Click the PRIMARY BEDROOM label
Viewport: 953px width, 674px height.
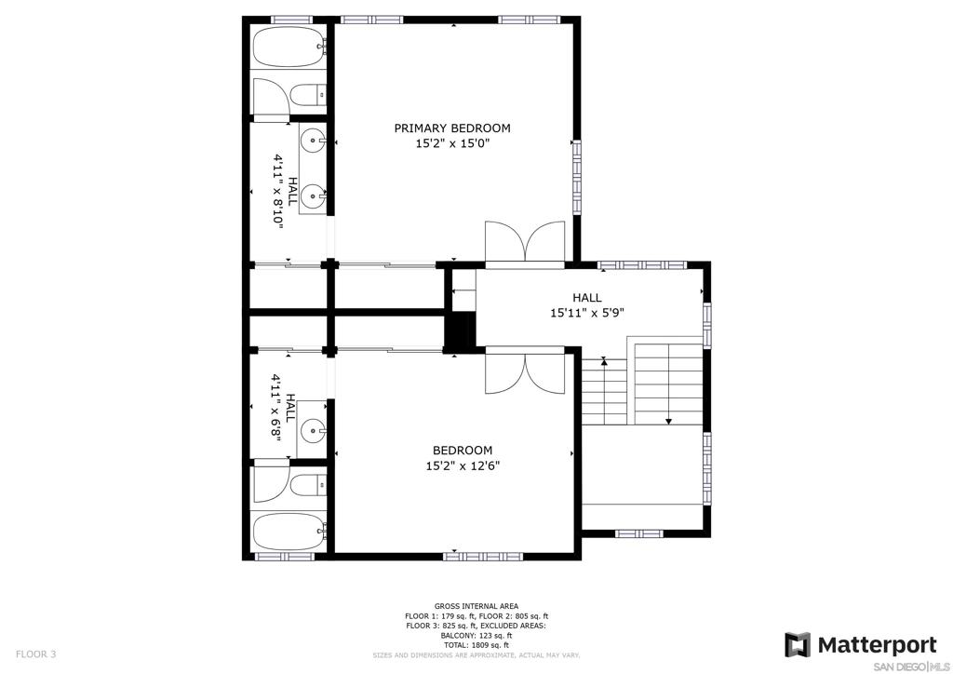click(452, 128)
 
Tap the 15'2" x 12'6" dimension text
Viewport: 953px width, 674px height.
click(463, 466)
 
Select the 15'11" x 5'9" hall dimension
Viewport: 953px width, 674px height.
click(587, 313)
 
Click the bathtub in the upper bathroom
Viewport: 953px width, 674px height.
click(289, 47)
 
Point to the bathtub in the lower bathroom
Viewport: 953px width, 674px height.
click(289, 532)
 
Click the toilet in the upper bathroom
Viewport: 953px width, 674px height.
click(307, 95)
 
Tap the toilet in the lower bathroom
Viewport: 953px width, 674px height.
click(307, 485)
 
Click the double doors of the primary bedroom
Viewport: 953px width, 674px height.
click(525, 242)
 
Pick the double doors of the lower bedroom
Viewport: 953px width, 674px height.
click(525, 372)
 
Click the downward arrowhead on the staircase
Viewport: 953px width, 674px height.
click(668, 421)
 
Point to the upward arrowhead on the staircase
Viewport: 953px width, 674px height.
click(603, 361)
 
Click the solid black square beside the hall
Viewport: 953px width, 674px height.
click(460, 331)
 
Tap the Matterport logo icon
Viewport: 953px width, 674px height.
click(798, 645)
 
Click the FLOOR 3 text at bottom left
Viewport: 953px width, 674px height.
click(36, 654)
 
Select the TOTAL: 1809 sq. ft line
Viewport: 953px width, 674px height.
click(476, 645)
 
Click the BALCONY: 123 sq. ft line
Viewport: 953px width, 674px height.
click(476, 635)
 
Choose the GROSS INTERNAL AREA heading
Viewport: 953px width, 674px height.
click(476, 606)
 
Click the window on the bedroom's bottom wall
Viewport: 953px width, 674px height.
click(483, 556)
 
